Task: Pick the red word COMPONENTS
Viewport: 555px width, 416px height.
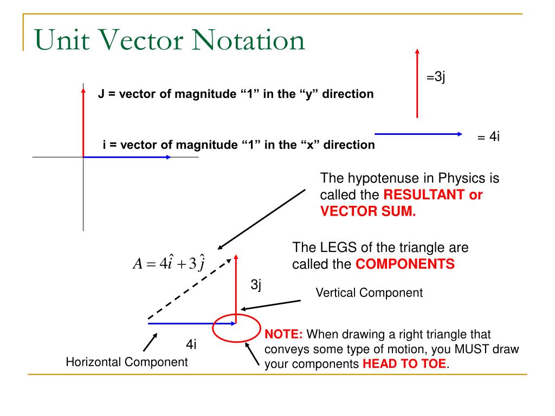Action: [404, 265]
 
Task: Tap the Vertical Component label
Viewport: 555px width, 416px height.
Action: [369, 293]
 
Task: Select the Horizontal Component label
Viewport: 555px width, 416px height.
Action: [127, 362]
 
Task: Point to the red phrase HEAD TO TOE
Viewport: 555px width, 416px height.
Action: [405, 364]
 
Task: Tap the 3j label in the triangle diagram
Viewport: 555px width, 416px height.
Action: [256, 285]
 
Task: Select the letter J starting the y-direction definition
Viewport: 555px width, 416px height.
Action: [101, 94]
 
